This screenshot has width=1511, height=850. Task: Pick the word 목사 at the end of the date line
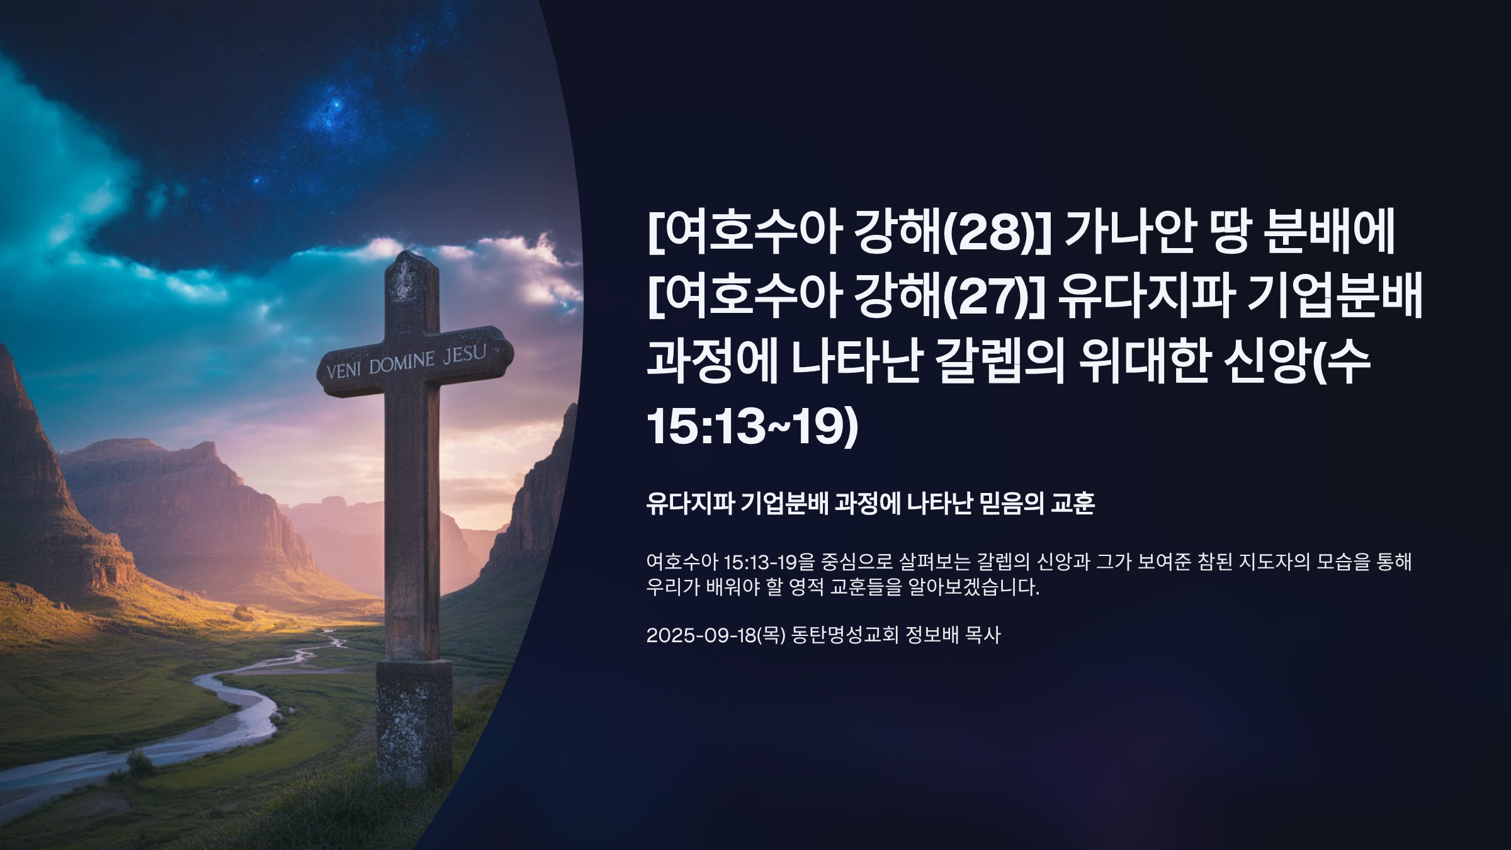(x=982, y=635)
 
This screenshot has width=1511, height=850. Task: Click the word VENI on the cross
(x=344, y=370)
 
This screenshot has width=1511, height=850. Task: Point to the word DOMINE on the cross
(x=402, y=363)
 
